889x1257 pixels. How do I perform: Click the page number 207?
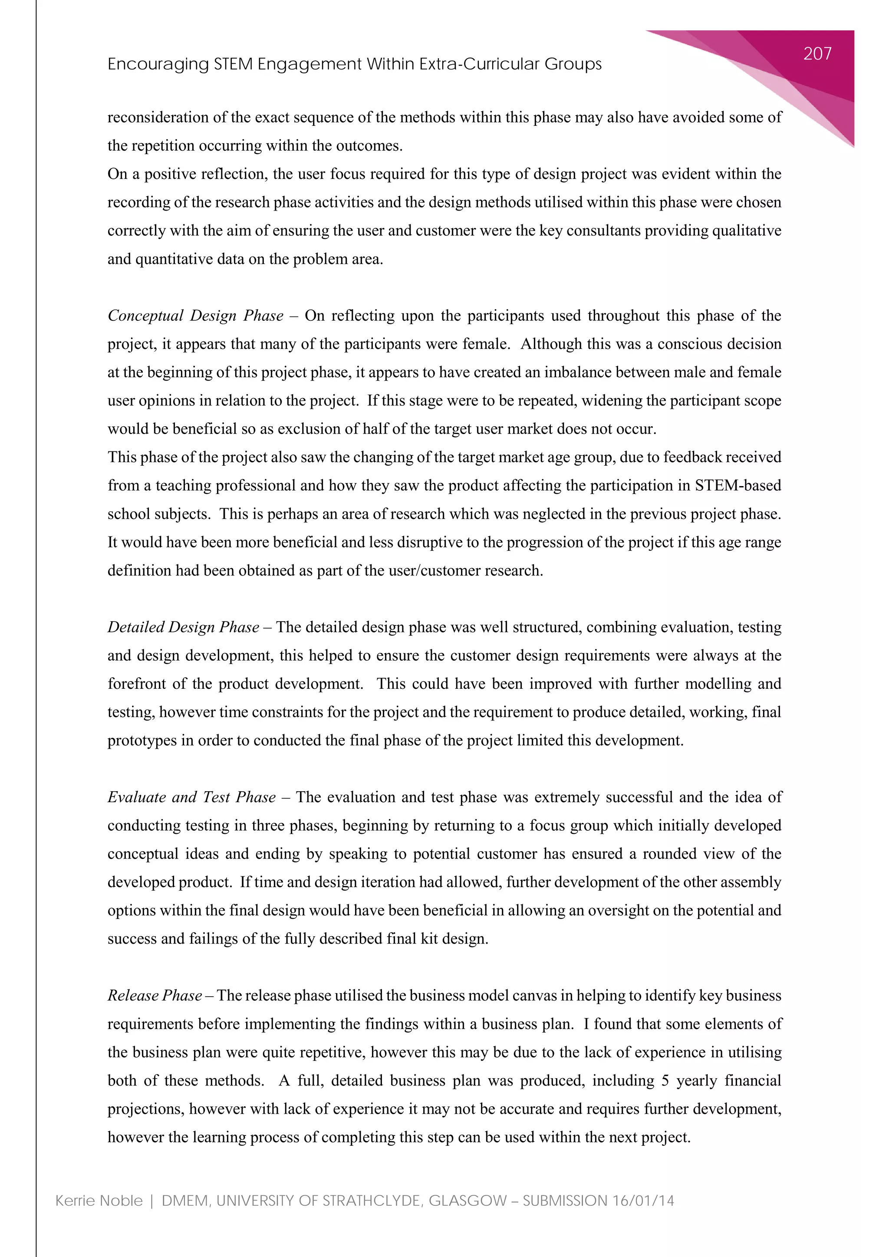[x=817, y=54]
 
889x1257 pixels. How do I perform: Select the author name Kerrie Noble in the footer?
[x=99, y=1201]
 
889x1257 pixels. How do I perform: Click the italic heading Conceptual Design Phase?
[x=195, y=316]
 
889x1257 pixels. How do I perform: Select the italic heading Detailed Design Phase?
[x=183, y=627]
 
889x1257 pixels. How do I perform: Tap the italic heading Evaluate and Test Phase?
[x=191, y=797]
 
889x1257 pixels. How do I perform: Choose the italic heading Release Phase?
[x=155, y=995]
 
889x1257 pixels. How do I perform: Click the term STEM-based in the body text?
[x=738, y=486]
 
